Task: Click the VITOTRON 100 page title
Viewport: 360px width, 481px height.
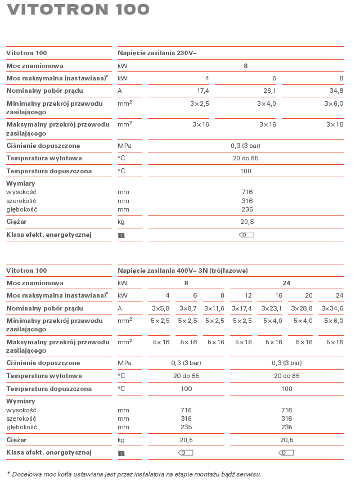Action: point(78,10)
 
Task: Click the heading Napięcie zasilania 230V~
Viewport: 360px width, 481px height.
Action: point(157,53)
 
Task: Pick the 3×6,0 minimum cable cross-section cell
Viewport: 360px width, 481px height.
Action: point(334,104)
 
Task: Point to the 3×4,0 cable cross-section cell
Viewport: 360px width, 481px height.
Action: point(267,104)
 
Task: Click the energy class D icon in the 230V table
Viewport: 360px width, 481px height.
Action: point(247,235)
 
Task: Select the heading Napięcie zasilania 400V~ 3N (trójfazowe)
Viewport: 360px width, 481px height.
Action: point(182,271)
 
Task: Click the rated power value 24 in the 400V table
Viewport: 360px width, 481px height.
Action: point(286,283)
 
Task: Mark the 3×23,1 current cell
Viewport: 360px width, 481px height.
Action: point(271,308)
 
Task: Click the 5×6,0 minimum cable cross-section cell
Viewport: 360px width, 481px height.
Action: point(334,321)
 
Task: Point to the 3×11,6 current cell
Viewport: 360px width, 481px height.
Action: point(214,308)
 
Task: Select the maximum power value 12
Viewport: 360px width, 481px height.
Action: point(248,295)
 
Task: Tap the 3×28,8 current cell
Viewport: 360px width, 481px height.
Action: point(301,308)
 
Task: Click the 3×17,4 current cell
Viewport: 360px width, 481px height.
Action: point(241,308)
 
